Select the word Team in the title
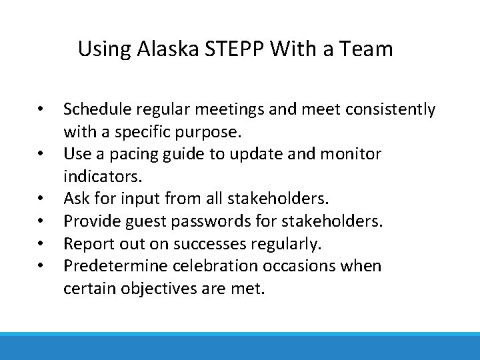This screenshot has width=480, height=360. point(369,49)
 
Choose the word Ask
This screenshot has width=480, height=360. point(76,199)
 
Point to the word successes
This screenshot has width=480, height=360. point(201,244)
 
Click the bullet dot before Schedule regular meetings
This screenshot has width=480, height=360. point(41,109)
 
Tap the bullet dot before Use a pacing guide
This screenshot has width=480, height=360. point(41,154)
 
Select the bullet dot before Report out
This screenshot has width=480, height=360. point(41,244)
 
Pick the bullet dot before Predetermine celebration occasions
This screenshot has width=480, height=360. point(41,266)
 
